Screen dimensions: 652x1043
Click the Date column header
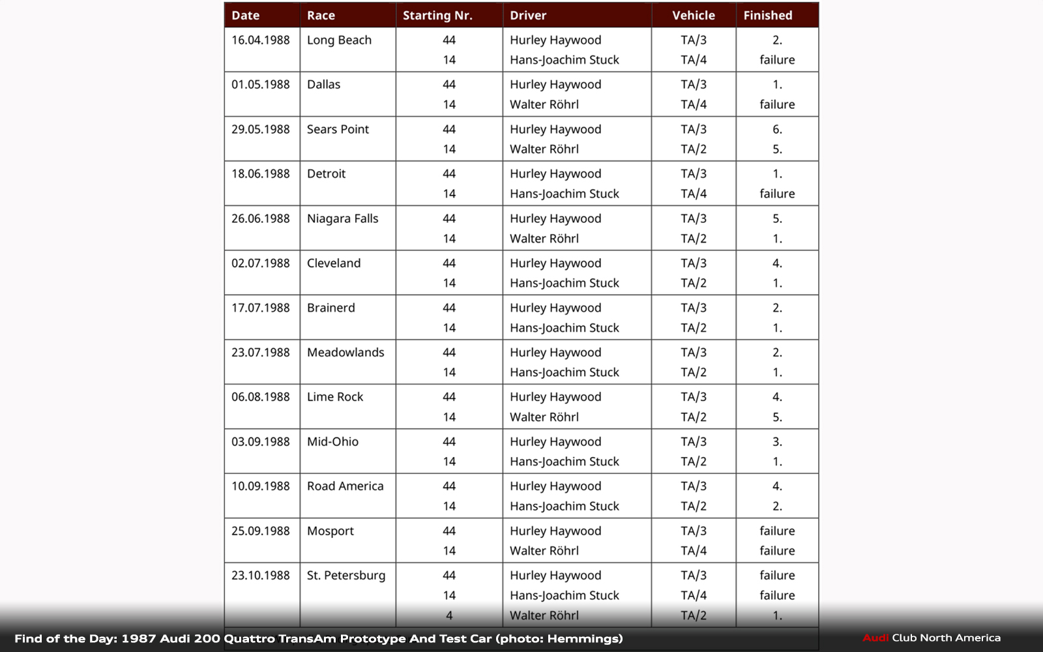(246, 16)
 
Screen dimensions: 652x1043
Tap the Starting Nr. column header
(437, 16)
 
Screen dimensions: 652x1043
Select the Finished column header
(768, 16)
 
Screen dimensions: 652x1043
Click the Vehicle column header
(694, 16)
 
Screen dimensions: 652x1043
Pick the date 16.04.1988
(261, 40)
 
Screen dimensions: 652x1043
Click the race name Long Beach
(339, 40)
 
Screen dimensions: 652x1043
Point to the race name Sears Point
(338, 130)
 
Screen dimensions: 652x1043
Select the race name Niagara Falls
(342, 219)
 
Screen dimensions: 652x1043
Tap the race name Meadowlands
(345, 353)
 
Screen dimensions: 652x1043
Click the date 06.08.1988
(261, 397)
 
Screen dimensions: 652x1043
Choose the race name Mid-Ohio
(332, 442)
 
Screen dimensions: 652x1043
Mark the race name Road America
(345, 486)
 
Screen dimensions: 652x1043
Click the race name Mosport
(330, 531)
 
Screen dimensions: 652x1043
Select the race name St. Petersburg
(346, 576)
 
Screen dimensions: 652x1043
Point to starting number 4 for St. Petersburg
(449, 615)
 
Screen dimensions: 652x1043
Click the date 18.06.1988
(261, 174)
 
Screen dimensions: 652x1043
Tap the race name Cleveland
(334, 263)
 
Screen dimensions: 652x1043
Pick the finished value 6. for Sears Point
(777, 130)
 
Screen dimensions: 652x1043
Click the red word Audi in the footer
(875, 638)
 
